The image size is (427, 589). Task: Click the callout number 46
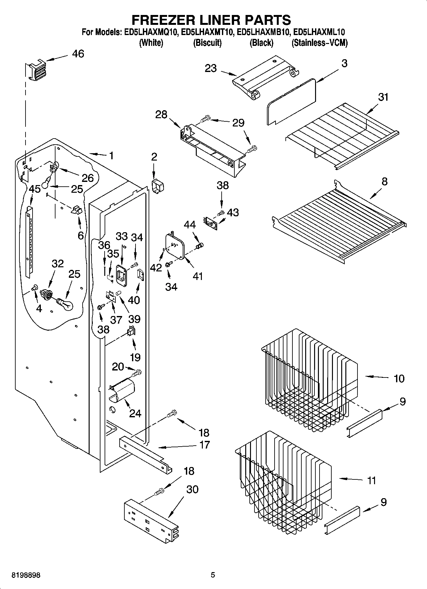tap(78, 54)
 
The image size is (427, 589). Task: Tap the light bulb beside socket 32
tap(65, 303)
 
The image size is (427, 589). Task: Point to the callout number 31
tap(383, 97)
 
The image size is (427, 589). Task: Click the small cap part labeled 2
tap(157, 185)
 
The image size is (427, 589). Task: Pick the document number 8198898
tap(26, 575)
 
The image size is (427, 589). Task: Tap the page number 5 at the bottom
tap(213, 575)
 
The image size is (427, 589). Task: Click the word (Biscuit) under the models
tap(207, 43)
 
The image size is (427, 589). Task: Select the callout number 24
tap(135, 413)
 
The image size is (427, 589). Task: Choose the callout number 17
tap(204, 444)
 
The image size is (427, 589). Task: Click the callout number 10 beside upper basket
tap(399, 378)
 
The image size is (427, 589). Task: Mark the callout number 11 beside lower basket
tap(372, 480)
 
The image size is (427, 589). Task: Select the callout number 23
tap(211, 68)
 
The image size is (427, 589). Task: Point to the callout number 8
tap(385, 182)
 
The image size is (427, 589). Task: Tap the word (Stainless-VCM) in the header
tap(320, 43)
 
